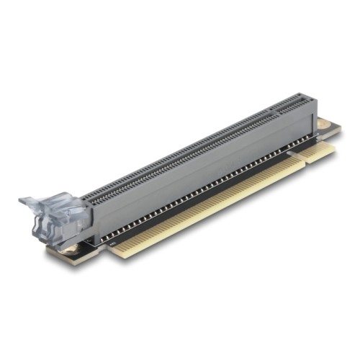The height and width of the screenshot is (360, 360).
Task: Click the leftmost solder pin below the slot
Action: (109, 235)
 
